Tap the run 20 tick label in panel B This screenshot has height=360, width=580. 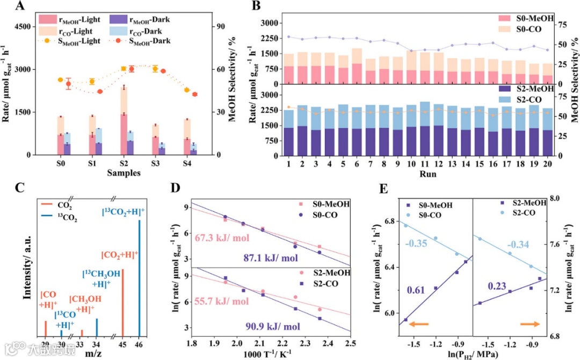(x=547, y=163)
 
